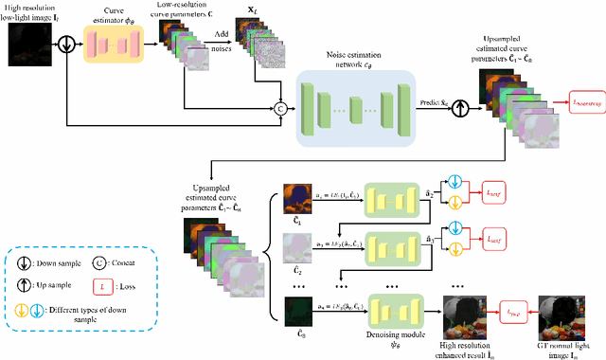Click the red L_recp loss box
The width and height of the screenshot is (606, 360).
coord(516,308)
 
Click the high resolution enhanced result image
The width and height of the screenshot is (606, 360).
coord(472,309)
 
